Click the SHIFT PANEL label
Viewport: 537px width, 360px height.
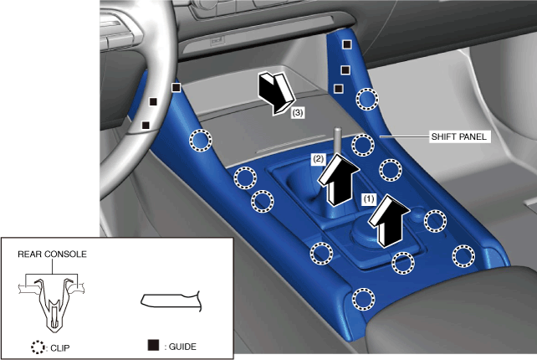click(x=458, y=136)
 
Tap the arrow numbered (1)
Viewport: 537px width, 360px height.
click(x=389, y=220)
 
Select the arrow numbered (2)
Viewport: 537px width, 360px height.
click(x=339, y=180)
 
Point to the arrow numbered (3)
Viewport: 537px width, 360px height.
click(x=276, y=93)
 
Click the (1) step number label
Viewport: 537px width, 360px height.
click(x=369, y=199)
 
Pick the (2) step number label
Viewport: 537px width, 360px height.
click(x=318, y=159)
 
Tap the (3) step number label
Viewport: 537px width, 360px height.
click(x=297, y=112)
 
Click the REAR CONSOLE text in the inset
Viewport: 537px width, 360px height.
click(x=52, y=254)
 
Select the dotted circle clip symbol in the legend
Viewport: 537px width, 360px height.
click(x=38, y=347)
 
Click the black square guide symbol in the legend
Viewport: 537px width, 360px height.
click(x=153, y=345)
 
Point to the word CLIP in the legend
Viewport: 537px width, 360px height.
click(x=60, y=348)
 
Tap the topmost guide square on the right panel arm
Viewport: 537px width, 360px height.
click(x=347, y=44)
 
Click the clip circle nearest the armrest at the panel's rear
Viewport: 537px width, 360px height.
click(x=364, y=299)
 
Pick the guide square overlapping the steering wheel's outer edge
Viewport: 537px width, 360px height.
click(x=176, y=87)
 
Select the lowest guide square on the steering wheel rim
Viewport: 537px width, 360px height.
click(x=146, y=125)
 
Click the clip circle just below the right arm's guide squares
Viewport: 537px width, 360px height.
click(x=367, y=99)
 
